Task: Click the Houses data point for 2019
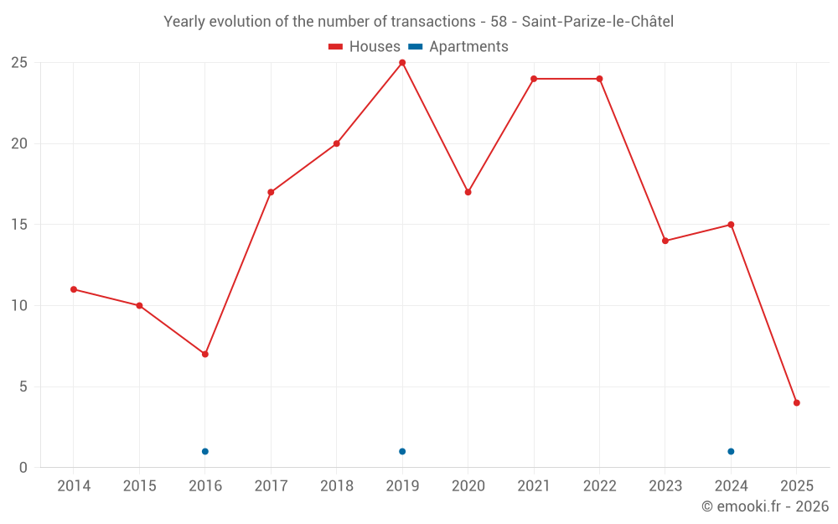pyautogui.click(x=402, y=63)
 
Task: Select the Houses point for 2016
pyautogui.click(x=204, y=354)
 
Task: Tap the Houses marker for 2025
pyautogui.click(x=797, y=402)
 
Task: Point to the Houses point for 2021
pyautogui.click(x=534, y=79)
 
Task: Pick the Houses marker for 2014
pyautogui.click(x=74, y=289)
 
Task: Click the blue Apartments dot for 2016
pyautogui.click(x=204, y=451)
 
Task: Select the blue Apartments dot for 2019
pyautogui.click(x=402, y=451)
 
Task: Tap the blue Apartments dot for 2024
pyautogui.click(x=731, y=451)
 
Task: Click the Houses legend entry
pyautogui.click(x=365, y=47)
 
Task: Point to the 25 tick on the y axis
pyautogui.click(x=19, y=63)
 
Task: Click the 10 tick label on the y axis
pyautogui.click(x=19, y=305)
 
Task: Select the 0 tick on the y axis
pyautogui.click(x=23, y=467)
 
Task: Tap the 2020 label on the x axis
pyautogui.click(x=468, y=486)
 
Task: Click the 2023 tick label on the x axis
pyautogui.click(x=665, y=486)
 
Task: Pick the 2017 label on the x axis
pyautogui.click(x=271, y=486)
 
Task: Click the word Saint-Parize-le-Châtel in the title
pyautogui.click(x=597, y=22)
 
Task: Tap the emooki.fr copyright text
pyautogui.click(x=765, y=506)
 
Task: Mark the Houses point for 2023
pyautogui.click(x=665, y=241)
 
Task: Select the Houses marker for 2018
pyautogui.click(x=337, y=143)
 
